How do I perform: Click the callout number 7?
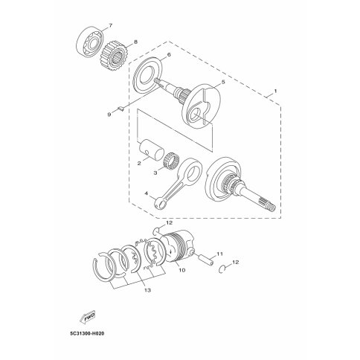(110, 25)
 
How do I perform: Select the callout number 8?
(135, 42)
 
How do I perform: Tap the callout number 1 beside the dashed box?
(275, 91)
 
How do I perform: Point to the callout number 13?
(147, 290)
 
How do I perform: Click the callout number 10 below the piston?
(181, 270)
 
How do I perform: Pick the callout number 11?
(219, 254)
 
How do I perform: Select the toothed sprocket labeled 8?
(115, 56)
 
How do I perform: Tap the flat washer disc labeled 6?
(147, 75)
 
